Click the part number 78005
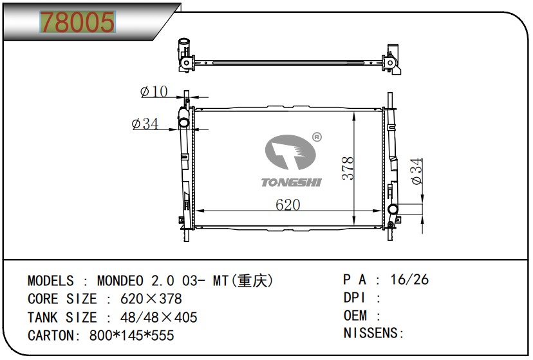pyautogui.click(x=77, y=22)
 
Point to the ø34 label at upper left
pyautogui.click(x=145, y=124)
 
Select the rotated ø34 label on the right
pyautogui.click(x=416, y=171)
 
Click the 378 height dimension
pyautogui.click(x=348, y=168)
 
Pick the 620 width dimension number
pyautogui.click(x=288, y=204)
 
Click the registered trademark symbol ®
pyautogui.click(x=317, y=137)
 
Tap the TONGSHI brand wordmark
pyautogui.click(x=292, y=182)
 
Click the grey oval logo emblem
pyautogui.click(x=290, y=152)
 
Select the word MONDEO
pyautogui.click(x=120, y=281)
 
